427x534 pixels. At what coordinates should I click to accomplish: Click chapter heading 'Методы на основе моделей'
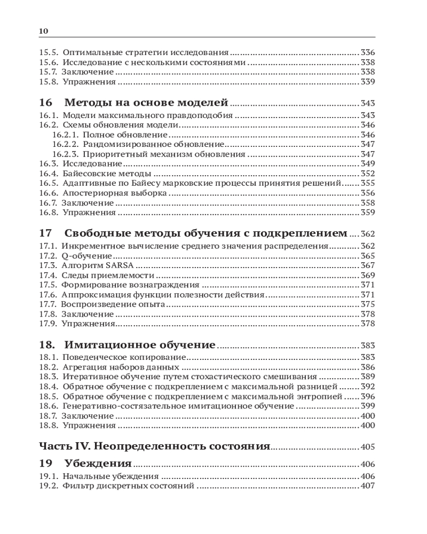(x=146, y=103)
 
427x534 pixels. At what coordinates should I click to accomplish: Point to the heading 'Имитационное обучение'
(x=140, y=344)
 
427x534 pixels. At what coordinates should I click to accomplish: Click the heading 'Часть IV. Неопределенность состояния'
(x=155, y=446)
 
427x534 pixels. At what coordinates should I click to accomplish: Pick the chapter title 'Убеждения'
(x=98, y=463)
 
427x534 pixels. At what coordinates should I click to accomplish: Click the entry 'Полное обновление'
(x=126, y=135)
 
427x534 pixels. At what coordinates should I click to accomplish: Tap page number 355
(x=368, y=183)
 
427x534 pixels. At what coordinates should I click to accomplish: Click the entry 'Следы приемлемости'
(x=108, y=275)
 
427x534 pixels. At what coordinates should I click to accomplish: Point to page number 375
(x=368, y=304)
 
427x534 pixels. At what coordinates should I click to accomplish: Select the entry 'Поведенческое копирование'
(x=124, y=357)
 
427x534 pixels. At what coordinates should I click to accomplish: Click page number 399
(x=368, y=406)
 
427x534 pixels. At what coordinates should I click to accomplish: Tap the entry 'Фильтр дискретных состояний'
(x=128, y=486)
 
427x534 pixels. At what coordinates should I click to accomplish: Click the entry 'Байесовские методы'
(x=107, y=173)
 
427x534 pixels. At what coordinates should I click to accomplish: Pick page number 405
(x=368, y=447)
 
